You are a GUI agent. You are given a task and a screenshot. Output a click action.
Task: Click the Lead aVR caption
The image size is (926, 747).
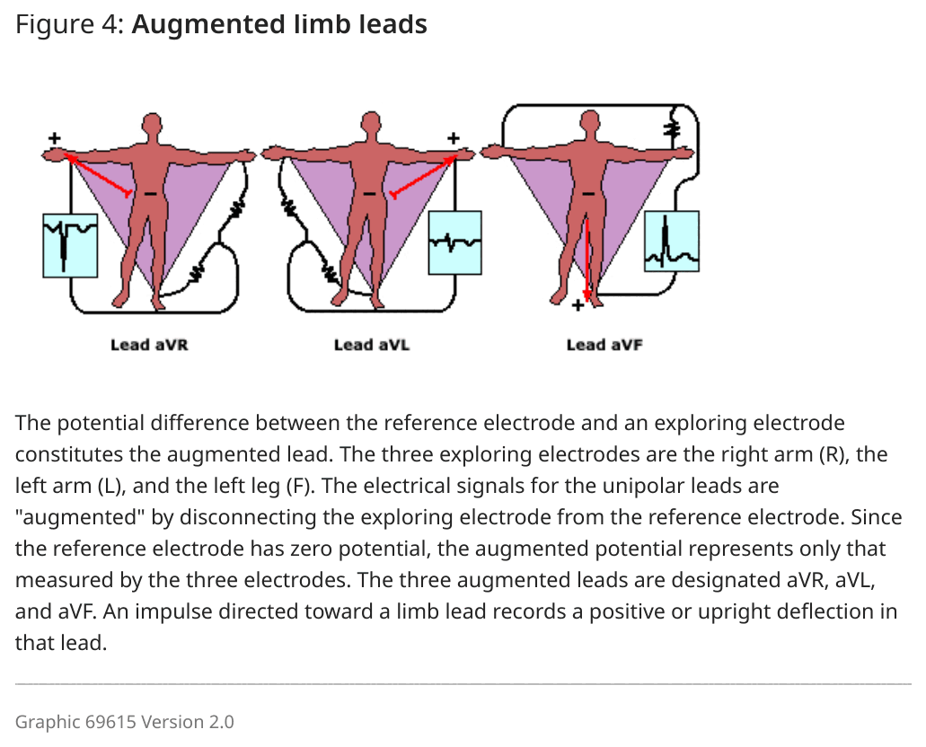(149, 345)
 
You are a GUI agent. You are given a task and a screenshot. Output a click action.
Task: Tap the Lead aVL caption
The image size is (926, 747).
(372, 345)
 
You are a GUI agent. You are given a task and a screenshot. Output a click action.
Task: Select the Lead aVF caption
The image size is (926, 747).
(604, 345)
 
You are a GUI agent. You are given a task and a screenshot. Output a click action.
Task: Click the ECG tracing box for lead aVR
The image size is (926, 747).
(70, 246)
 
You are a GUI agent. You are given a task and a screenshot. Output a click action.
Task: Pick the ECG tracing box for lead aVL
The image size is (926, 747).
(454, 242)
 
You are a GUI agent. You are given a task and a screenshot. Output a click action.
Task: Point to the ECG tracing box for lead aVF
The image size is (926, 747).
(672, 241)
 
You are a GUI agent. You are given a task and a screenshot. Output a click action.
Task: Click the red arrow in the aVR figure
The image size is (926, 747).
(97, 175)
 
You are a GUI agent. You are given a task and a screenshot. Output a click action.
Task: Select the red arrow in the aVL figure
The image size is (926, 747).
(424, 176)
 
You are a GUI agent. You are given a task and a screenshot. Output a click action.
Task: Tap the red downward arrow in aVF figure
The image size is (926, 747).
(587, 259)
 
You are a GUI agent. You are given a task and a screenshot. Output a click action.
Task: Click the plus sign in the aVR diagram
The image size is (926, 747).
(54, 138)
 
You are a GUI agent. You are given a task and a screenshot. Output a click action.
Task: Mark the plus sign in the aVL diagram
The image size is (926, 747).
(453, 138)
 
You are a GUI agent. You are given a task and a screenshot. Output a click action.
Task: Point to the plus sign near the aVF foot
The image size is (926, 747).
(578, 304)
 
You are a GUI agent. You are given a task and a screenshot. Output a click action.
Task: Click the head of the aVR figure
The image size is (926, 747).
(153, 125)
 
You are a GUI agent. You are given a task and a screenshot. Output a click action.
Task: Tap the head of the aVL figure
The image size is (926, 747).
(371, 124)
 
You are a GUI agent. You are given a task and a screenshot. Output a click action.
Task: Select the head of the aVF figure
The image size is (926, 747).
(590, 123)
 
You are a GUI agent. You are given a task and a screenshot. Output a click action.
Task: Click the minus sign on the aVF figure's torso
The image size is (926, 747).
(588, 193)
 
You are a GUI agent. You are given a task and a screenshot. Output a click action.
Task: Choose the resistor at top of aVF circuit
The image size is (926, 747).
(672, 128)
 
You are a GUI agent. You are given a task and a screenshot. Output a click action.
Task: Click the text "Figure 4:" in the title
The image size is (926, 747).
(70, 25)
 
